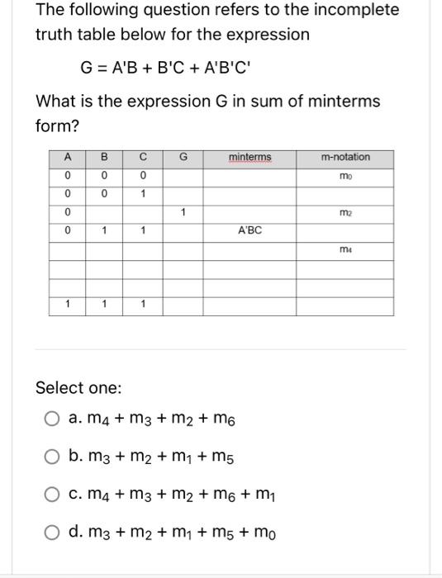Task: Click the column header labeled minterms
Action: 250,157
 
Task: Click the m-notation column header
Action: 345,157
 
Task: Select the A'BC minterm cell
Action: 250,230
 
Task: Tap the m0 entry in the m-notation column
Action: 345,176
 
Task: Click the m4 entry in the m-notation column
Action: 345,249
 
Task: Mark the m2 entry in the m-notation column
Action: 345,213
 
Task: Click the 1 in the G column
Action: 183,213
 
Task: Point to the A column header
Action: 67,157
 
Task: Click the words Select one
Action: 78,387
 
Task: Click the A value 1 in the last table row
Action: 67,305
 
